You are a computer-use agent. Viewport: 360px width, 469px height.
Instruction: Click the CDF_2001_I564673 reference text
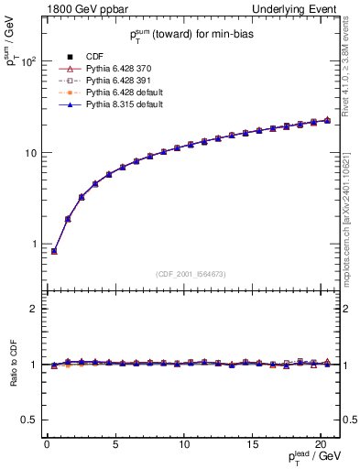tap(191, 274)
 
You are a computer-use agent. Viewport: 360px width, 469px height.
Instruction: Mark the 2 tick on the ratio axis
tap(33, 309)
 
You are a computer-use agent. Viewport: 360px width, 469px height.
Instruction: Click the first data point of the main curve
tap(54, 251)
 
